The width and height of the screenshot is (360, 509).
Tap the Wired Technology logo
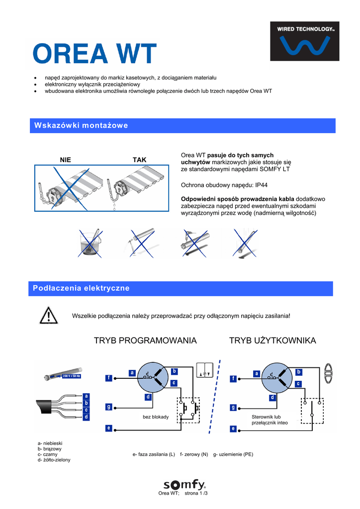point(304,41)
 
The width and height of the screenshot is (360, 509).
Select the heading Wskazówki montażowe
point(81,125)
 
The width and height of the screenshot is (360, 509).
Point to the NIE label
point(66,160)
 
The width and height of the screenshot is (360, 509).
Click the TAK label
point(140,160)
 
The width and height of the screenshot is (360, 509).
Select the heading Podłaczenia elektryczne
point(81,288)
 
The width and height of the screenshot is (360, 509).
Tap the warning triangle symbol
point(49,316)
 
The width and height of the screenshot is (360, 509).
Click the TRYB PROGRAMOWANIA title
point(145,340)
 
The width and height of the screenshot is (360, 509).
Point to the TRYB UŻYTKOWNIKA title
point(272,340)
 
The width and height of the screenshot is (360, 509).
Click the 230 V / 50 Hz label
point(71,376)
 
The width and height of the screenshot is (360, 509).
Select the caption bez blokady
point(156,417)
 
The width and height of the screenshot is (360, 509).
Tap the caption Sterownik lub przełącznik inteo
point(270,420)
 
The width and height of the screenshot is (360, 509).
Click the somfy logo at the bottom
point(184,485)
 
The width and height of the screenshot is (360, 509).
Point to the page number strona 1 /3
point(196,493)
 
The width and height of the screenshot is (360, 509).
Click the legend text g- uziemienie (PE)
point(233,454)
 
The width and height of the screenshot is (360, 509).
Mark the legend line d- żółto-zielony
point(54,460)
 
